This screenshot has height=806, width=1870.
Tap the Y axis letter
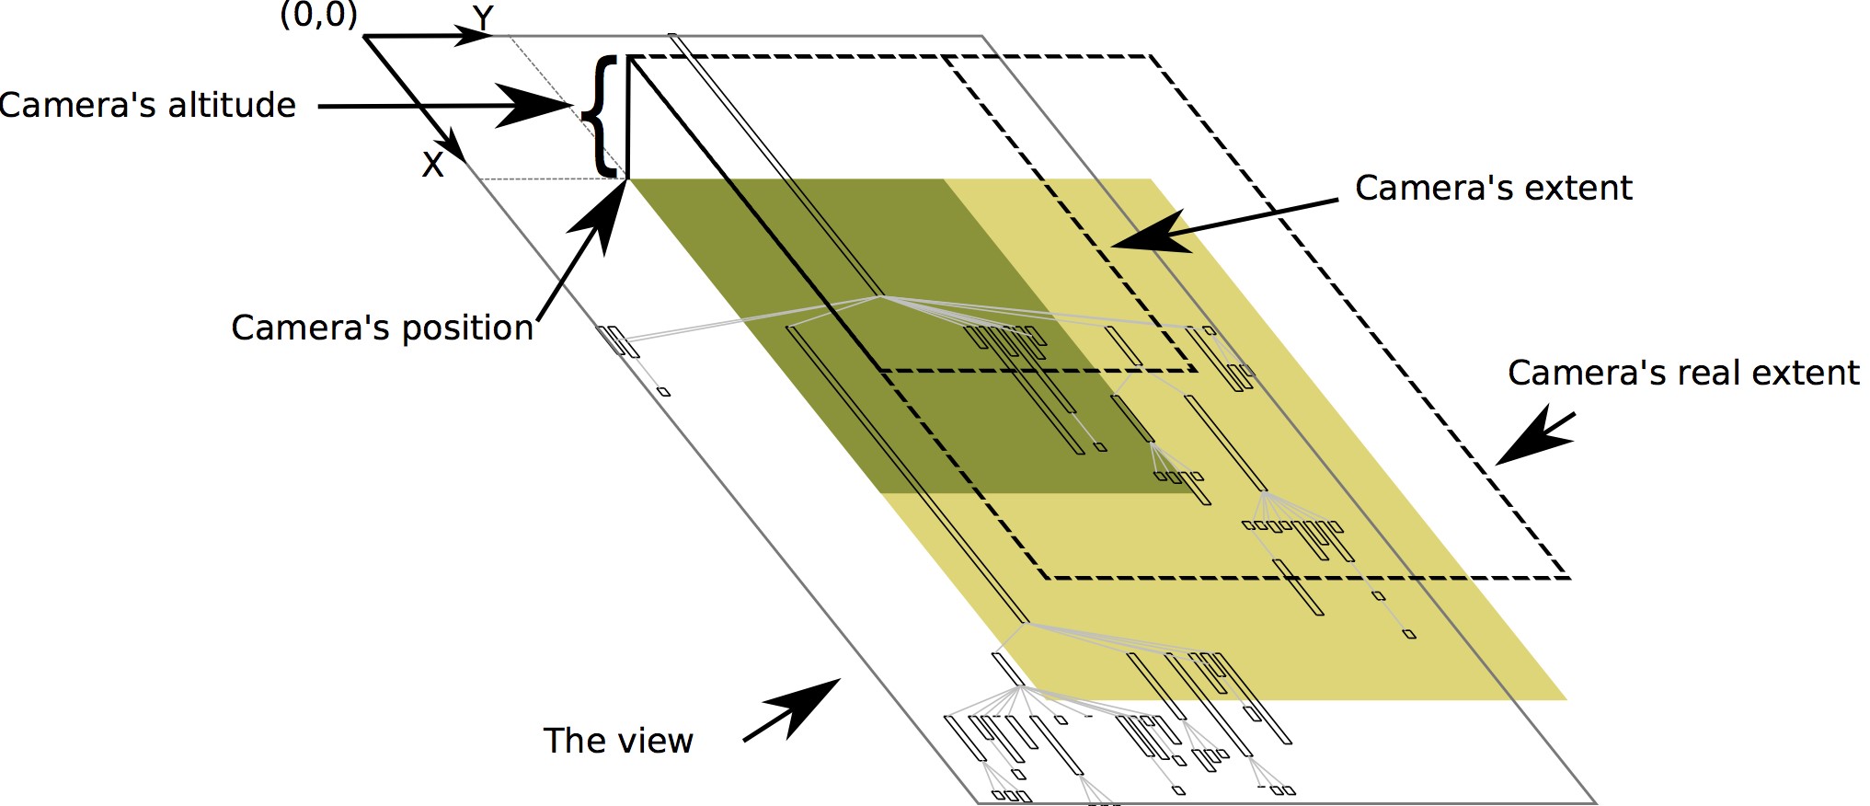coord(483,17)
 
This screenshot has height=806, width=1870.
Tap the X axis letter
coord(432,166)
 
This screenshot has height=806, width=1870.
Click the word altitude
coord(229,106)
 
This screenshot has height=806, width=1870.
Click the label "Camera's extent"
coord(1493,189)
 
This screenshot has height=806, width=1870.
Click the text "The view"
coord(617,742)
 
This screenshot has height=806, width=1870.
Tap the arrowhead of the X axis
coord(455,147)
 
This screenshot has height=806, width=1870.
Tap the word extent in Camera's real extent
coord(1802,374)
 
